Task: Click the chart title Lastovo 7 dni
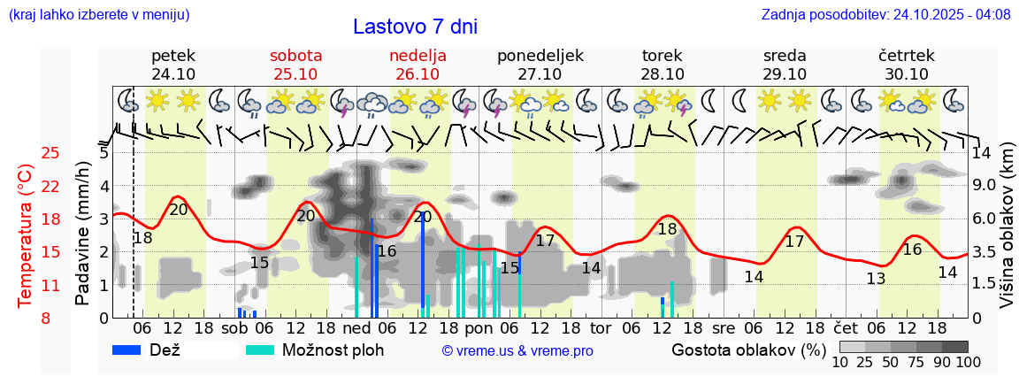click(x=415, y=27)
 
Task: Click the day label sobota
click(x=295, y=56)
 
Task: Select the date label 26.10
click(x=418, y=74)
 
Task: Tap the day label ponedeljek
click(x=540, y=56)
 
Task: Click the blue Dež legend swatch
click(x=126, y=350)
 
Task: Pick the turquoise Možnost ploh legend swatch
click(x=259, y=350)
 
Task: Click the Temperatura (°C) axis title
click(x=26, y=236)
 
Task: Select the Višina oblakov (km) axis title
click(x=1007, y=237)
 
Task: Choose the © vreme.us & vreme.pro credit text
click(x=517, y=350)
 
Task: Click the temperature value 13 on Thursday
click(x=876, y=279)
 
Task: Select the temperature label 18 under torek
click(x=667, y=228)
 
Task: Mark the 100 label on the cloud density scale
click(x=956, y=362)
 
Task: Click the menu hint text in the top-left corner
click(x=98, y=14)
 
